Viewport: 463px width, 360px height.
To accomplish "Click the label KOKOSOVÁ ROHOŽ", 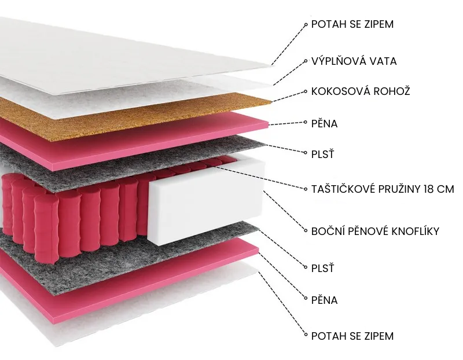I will click(361, 91).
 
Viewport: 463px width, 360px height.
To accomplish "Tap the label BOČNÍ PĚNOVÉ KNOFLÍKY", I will click(375, 232).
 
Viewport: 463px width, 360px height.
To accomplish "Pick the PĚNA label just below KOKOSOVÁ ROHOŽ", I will click(324, 123).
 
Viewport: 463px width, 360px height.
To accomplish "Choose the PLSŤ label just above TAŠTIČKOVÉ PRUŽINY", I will click(322, 155).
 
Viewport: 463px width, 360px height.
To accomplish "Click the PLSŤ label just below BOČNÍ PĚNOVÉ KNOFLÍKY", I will click(322, 269).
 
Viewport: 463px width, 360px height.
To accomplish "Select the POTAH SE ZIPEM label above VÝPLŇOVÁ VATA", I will click(352, 24).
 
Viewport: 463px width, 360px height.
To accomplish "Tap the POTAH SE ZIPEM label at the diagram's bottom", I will click(352, 336).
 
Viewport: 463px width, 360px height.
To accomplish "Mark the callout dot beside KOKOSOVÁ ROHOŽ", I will click(306, 91).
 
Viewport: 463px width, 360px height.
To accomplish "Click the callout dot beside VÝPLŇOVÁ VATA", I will click(306, 60).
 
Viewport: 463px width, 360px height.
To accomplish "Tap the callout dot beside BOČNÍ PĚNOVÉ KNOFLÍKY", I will click(306, 232).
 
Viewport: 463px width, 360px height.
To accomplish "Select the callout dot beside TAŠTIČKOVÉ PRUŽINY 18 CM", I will click(306, 189).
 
